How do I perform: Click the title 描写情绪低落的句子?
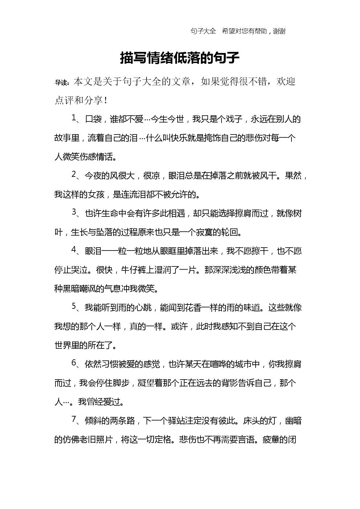tap(180, 58)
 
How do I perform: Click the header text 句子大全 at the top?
tap(203, 31)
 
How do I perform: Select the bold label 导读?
tap(62, 83)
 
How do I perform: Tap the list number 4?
tap(74, 250)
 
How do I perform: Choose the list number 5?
tap(74, 307)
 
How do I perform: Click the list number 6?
tap(74, 363)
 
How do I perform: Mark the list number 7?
tap(74, 420)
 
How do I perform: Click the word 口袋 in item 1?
tap(93, 119)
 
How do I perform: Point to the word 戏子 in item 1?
tap(238, 119)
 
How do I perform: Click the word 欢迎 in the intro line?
tap(286, 82)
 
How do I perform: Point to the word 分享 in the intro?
tap(94, 100)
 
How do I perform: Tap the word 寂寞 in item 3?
tap(204, 232)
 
